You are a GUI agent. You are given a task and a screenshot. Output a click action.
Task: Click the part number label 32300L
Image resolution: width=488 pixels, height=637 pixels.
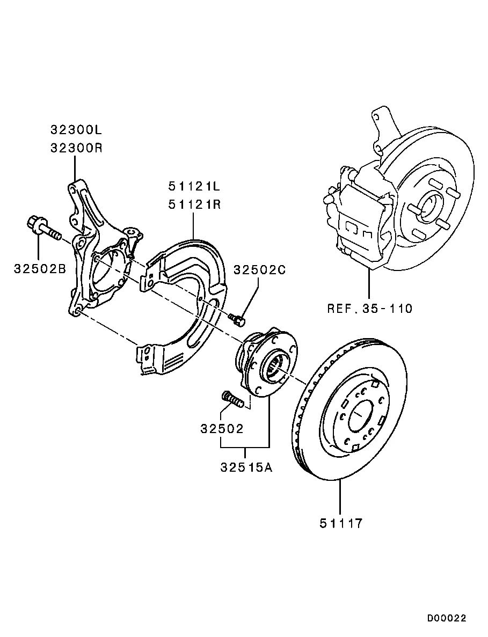pyautogui.click(x=76, y=129)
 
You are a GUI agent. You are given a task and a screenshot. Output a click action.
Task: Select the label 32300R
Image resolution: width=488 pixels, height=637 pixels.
pyautogui.click(x=76, y=148)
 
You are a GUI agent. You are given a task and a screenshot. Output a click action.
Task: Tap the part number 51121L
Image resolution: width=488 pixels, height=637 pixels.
pyautogui.click(x=194, y=186)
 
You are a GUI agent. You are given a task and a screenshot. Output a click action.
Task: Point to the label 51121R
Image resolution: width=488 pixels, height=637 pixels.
pyautogui.click(x=194, y=204)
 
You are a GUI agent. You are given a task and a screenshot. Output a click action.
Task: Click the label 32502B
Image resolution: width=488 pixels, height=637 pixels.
pyautogui.click(x=40, y=268)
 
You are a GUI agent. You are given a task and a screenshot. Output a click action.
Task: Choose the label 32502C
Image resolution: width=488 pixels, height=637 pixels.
pyautogui.click(x=259, y=270)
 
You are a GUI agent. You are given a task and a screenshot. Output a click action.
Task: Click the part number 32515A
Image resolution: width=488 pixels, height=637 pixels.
pyautogui.click(x=246, y=467)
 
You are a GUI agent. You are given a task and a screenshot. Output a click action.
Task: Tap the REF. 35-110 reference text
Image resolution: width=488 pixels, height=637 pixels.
pyautogui.click(x=370, y=309)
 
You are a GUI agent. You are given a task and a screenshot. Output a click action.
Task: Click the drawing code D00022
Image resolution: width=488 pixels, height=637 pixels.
pyautogui.click(x=447, y=618)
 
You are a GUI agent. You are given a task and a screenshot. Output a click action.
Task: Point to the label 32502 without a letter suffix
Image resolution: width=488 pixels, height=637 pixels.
pyautogui.click(x=222, y=429)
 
